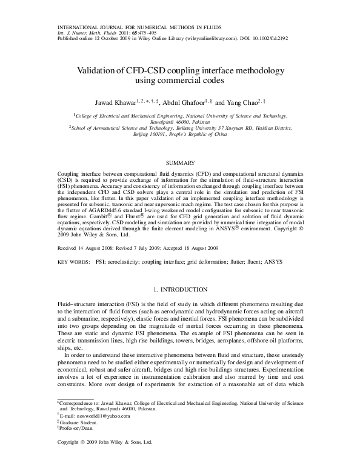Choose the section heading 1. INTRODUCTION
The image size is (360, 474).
pyautogui.click(x=180, y=289)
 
